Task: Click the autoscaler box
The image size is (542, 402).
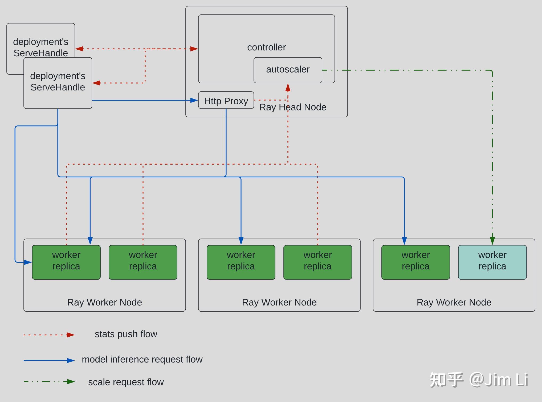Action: point(288,70)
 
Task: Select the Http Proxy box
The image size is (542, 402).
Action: point(226,100)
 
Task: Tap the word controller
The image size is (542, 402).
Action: point(266,47)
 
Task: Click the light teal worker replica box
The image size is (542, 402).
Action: point(492,262)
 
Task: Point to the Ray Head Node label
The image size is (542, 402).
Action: point(293,107)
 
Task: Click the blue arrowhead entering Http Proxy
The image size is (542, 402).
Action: point(194,100)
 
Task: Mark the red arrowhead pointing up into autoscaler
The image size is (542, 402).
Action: point(288,87)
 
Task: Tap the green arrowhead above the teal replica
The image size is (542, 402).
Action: point(492,241)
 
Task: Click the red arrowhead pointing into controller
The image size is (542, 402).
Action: point(194,49)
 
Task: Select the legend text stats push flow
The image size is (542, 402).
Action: point(126,334)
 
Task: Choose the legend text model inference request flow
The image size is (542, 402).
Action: point(142,359)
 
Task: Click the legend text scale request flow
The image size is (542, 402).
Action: point(126,382)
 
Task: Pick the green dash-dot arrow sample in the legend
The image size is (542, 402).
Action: point(49,382)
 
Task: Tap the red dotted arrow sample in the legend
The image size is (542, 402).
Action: point(49,335)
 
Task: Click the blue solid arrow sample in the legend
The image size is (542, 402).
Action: point(49,360)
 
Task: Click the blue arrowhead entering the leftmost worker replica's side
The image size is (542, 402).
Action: point(28,262)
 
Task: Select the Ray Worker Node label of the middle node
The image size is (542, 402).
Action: point(279,302)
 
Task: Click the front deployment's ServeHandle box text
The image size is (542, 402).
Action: point(58,81)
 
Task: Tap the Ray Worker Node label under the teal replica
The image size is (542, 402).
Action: point(454,302)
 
